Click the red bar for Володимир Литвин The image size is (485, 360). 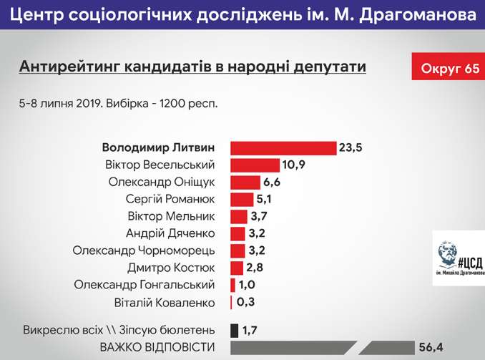point(283,148)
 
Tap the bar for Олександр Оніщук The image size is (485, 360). point(245,183)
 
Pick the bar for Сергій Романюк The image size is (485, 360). point(241,200)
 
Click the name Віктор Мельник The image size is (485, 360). point(170,216)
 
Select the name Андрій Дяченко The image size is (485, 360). point(170,233)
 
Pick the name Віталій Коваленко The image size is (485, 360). point(165,302)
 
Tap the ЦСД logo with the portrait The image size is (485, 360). point(458,258)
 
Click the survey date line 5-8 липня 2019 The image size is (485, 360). point(118,102)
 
